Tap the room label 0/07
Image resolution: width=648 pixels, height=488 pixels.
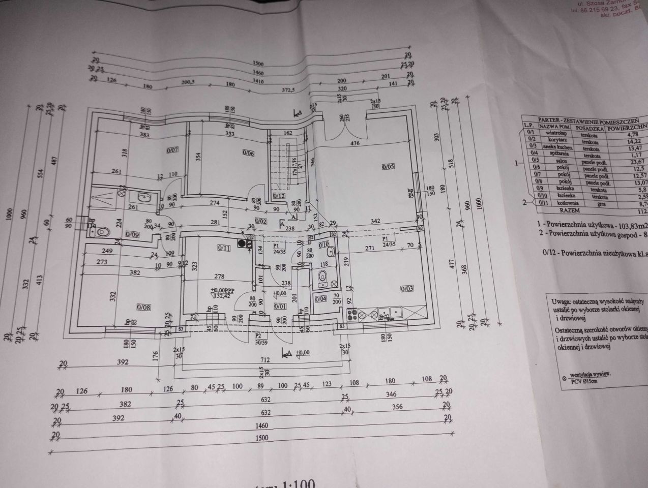pos(173,150)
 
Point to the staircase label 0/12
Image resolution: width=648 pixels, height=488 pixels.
pos(279,195)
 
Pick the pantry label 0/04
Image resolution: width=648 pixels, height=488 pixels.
pos(320,299)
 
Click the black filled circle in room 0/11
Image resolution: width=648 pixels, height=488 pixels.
pos(249,242)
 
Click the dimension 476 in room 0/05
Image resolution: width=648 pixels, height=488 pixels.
pos(355,144)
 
